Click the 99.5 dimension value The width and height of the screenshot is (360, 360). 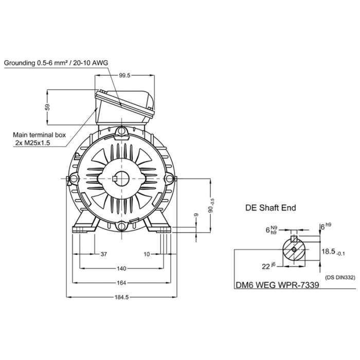(124, 75)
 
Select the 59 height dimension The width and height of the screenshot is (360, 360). (47, 107)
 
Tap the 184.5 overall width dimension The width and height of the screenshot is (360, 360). (121, 297)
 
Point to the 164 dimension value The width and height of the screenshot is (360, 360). (121, 283)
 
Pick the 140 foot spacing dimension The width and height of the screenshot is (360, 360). (121, 268)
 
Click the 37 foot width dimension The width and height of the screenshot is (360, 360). (104, 254)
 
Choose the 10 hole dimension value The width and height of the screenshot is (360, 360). (147, 254)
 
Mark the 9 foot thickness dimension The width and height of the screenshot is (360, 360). (196, 215)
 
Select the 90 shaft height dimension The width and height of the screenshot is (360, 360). (211, 206)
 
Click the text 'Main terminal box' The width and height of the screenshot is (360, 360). (39, 135)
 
